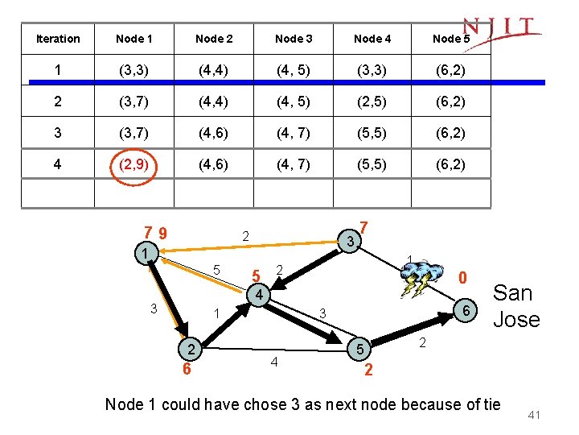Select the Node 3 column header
tap(294, 39)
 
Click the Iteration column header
tap(58, 39)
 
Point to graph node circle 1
tap(142, 254)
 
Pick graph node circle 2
tap(191, 349)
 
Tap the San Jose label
tap(515, 305)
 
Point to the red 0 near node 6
tap(462, 278)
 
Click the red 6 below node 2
tap(186, 370)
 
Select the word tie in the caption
tap(489, 404)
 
